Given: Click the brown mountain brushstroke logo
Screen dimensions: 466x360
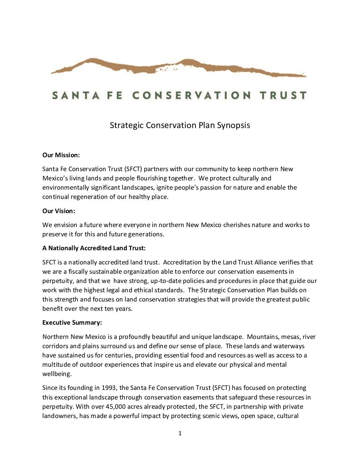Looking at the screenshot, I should tap(179, 67).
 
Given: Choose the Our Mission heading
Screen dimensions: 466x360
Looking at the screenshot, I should tap(61, 155).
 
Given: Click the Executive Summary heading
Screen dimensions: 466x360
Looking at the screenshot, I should tap(72, 322).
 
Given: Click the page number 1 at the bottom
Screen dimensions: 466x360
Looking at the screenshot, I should tap(180, 433).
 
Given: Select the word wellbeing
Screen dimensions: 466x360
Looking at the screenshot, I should tap(57, 374).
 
